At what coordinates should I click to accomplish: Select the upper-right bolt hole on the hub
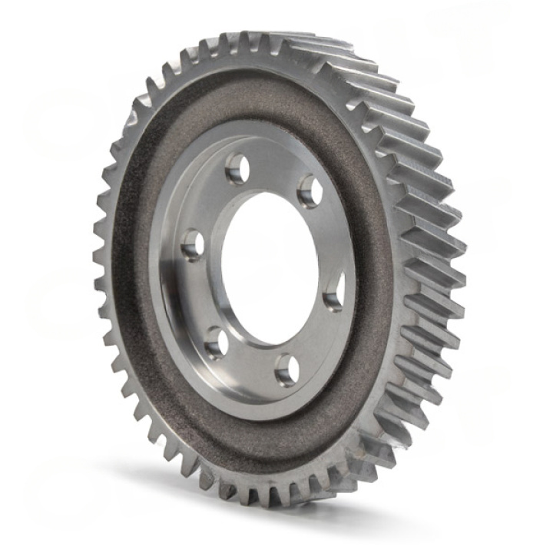310,190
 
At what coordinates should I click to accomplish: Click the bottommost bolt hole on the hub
287,369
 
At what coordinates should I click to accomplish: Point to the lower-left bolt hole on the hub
217,343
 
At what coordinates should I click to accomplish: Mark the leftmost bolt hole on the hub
193,245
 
